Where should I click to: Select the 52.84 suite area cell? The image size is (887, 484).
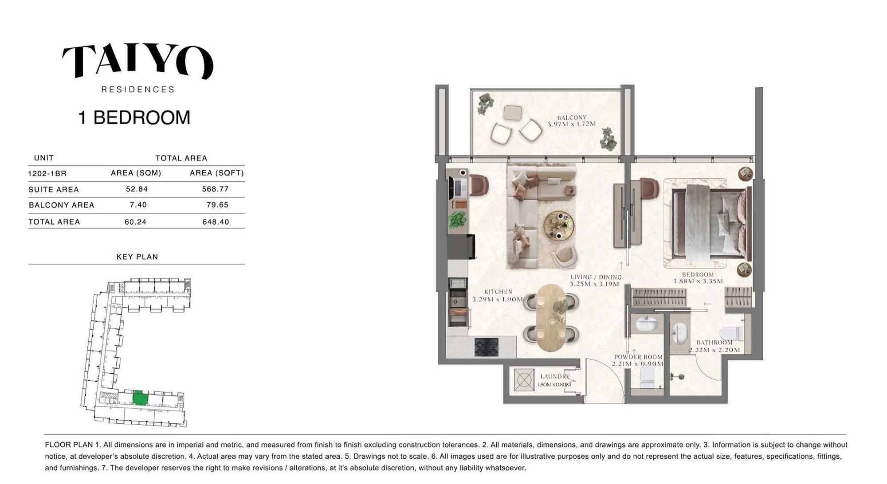[137, 189]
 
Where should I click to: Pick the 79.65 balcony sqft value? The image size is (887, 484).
[217, 205]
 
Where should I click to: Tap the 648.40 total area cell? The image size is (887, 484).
[216, 222]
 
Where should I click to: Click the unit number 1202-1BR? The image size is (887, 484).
[47, 173]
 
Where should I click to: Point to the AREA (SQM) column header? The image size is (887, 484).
[136, 173]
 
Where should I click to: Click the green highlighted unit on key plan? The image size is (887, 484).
[140, 398]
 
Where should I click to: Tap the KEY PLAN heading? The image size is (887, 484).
[137, 257]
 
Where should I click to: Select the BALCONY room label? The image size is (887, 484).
[572, 117]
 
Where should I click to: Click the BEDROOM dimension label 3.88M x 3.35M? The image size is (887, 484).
[698, 281]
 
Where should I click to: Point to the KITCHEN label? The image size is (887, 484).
[498, 292]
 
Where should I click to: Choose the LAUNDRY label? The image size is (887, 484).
[555, 376]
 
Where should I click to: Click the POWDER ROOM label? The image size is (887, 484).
[638, 357]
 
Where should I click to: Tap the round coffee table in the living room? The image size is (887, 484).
[559, 226]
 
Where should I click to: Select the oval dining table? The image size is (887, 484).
[551, 317]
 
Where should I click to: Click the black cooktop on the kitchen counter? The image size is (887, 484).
[487, 347]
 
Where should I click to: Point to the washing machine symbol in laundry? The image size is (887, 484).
[524, 380]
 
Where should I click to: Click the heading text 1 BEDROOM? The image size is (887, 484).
[134, 117]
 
